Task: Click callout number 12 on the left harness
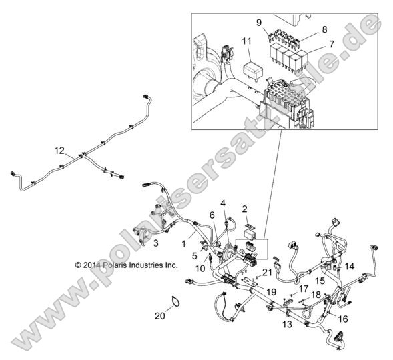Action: [60, 150]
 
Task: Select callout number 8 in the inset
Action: [324, 29]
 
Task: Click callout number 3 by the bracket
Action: [155, 244]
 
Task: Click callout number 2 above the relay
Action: [245, 209]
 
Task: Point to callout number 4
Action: [224, 203]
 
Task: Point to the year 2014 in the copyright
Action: [93, 265]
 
